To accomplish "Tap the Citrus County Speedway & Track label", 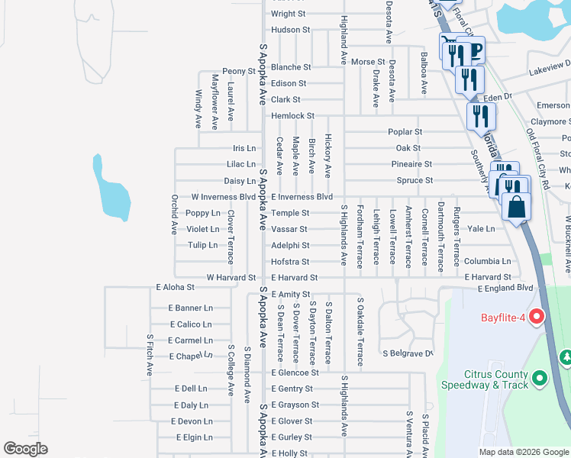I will [496, 379].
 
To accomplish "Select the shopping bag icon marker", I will [517, 207].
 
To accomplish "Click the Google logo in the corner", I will [25, 449].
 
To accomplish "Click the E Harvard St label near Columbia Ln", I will [486, 277].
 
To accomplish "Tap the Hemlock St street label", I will [292, 116].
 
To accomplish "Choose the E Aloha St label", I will [176, 288].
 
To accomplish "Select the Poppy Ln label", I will [203, 214].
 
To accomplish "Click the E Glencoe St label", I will [295, 373].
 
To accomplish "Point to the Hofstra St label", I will [290, 262].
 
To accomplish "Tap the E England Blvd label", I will [505, 289].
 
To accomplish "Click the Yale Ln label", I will [481, 229].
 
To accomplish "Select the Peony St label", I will [239, 71].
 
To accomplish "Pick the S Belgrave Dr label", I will [408, 353].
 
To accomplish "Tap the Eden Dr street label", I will [496, 97].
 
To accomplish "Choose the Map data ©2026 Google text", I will [523, 452].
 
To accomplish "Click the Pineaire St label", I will [411, 164].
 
